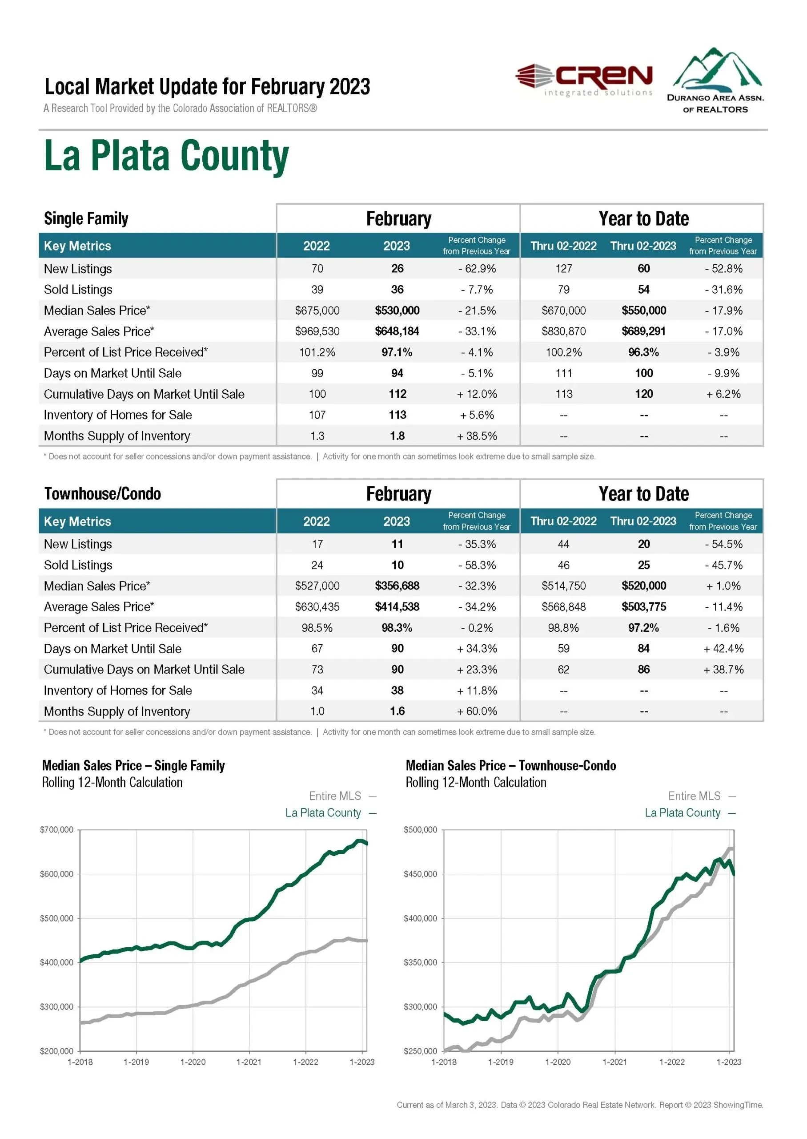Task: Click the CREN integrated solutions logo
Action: tap(584, 79)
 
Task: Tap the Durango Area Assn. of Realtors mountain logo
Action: tap(716, 80)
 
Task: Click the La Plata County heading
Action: tap(166, 156)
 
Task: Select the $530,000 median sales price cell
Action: tap(397, 310)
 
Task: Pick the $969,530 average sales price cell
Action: tap(317, 331)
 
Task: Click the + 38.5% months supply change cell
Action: tap(477, 436)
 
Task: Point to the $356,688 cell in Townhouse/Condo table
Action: tap(397, 586)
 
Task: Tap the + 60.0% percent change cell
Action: tap(477, 711)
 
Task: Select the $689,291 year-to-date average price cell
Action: tap(643, 331)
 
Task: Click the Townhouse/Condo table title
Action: tap(103, 494)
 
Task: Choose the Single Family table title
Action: tap(86, 218)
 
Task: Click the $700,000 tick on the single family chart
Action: tap(56, 830)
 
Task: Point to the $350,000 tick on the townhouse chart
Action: tap(420, 962)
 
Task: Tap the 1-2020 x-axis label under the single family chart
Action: tap(193, 1062)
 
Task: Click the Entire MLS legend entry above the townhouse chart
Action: tap(694, 796)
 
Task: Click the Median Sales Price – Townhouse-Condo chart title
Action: tap(511, 766)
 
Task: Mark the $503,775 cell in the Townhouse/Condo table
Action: tap(643, 606)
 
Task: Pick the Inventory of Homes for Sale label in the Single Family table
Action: tap(118, 415)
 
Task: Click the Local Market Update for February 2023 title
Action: tap(207, 86)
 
